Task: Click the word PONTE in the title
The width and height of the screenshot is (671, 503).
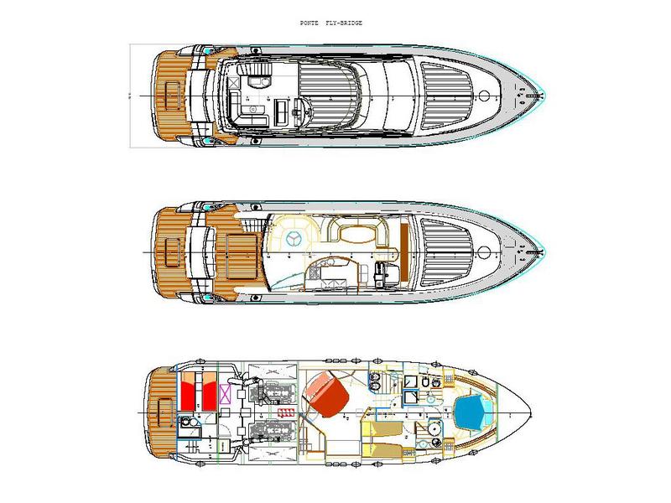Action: [x=309, y=23]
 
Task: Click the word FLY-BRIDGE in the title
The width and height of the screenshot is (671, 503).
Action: [x=344, y=23]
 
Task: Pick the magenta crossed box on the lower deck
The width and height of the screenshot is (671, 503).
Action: [x=225, y=394]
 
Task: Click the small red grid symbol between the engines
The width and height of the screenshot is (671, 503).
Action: [x=285, y=412]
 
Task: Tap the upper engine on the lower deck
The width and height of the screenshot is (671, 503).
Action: [x=275, y=392]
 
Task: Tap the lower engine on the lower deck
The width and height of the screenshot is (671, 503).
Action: [x=275, y=433]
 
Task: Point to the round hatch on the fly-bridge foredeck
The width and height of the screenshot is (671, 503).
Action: [x=484, y=95]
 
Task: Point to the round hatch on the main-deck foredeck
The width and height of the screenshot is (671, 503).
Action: [x=484, y=251]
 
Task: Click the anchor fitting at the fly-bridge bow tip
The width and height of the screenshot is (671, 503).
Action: [x=521, y=96]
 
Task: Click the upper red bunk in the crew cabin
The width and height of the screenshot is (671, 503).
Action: [x=189, y=391]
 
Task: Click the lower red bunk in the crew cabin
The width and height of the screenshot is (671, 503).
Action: [x=209, y=391]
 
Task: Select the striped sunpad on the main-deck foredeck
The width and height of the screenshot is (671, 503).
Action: [x=445, y=251]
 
